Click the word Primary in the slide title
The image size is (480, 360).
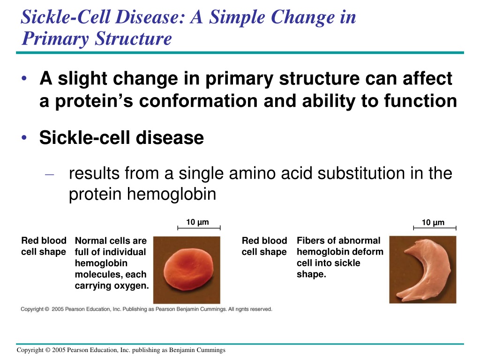55,39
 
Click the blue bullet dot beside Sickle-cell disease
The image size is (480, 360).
24,137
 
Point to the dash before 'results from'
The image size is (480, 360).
49,175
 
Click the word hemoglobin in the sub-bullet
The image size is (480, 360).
172,194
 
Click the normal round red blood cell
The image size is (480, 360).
188,269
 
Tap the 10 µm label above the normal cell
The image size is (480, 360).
197,222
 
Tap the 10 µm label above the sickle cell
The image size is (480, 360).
433,222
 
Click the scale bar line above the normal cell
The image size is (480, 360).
199,228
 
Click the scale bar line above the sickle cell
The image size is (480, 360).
435,228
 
